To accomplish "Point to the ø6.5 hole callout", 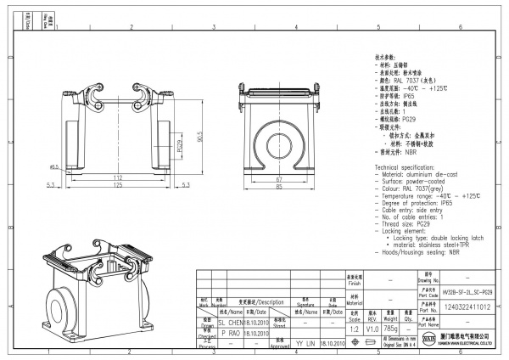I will [53, 167].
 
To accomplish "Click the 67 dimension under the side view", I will [278, 180].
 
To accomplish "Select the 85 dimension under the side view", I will [278, 188].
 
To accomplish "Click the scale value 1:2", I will [354, 329].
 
